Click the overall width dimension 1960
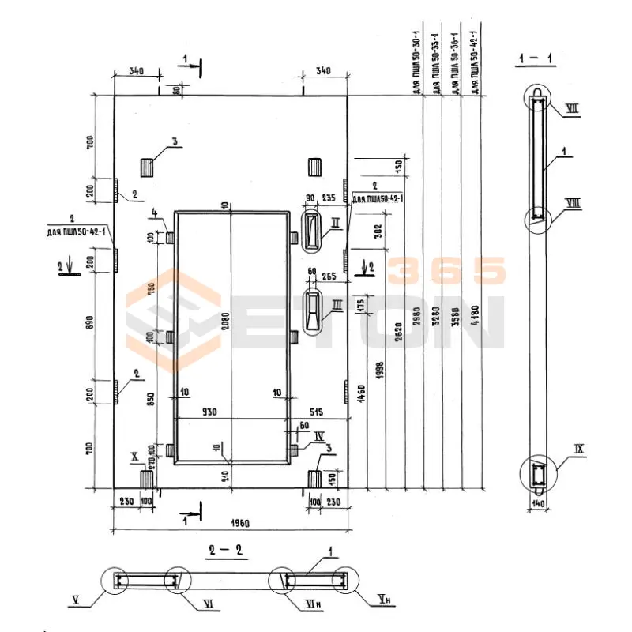pos(230,522)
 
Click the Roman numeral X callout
pos(134,457)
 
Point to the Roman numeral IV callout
pos(319,435)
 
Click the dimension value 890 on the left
pos(90,325)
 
